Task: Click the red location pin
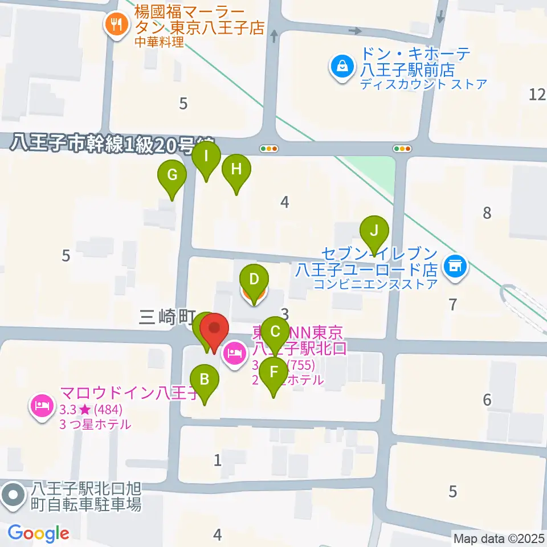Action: pos(214,330)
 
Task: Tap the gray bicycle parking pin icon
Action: pos(13,496)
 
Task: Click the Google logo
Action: pos(38,534)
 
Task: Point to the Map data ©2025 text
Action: pos(499,538)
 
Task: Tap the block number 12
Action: pos(537,95)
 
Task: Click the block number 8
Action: pos(487,213)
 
